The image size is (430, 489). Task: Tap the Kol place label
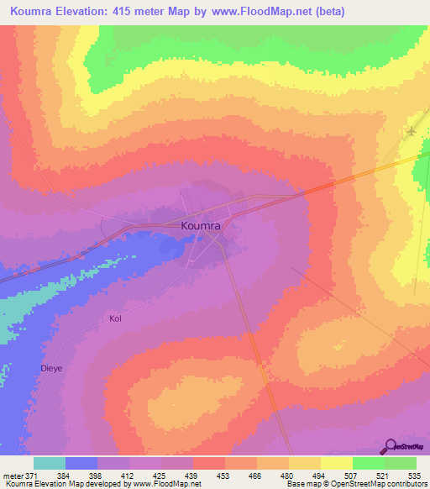[x=115, y=318]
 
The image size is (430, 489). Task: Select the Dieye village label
[x=52, y=367]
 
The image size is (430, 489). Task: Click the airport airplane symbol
[x=411, y=133]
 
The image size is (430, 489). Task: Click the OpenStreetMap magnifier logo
[x=391, y=446]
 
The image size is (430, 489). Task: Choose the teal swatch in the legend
[x=50, y=463]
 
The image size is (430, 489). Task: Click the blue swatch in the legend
[x=81, y=463]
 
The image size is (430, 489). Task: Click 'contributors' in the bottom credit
[x=406, y=485]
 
